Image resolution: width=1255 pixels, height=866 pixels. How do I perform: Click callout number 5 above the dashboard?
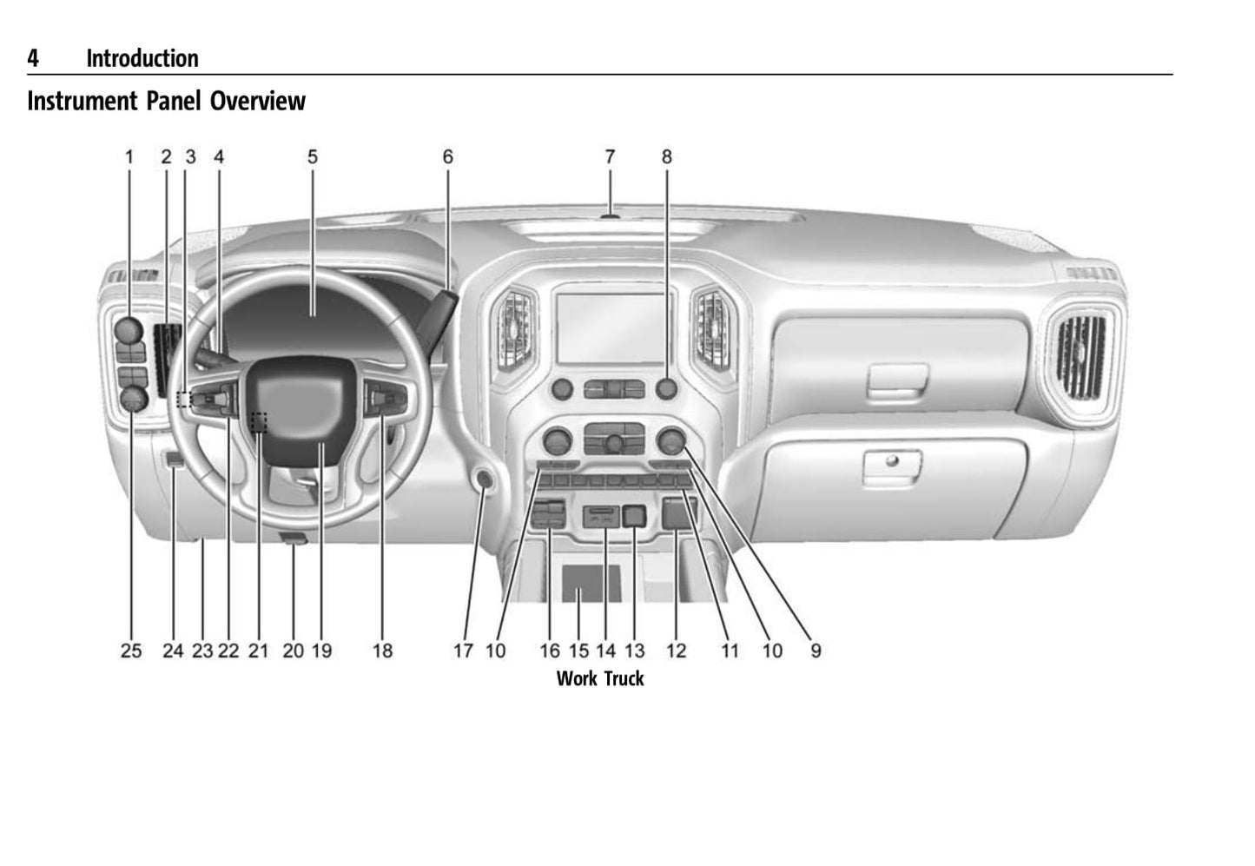point(313,157)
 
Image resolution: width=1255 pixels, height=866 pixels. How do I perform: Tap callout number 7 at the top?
point(610,157)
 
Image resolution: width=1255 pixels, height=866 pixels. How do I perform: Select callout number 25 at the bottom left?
point(131,651)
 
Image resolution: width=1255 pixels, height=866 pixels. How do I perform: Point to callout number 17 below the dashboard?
point(463,651)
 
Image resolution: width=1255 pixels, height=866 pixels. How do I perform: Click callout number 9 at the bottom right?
point(816,651)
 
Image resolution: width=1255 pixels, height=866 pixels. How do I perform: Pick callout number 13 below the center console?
point(635,651)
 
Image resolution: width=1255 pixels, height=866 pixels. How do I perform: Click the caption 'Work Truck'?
point(600,678)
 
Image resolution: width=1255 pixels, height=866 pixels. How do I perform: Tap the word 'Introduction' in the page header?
point(142,58)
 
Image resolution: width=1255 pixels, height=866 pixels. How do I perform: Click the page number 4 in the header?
point(33,58)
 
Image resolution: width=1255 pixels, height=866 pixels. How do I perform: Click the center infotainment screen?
point(613,328)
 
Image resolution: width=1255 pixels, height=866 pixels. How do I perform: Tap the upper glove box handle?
point(898,380)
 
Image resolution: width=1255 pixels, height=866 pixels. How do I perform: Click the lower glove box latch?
point(891,463)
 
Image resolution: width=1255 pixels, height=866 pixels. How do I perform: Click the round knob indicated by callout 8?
point(666,388)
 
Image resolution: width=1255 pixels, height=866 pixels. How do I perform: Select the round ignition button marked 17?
point(483,479)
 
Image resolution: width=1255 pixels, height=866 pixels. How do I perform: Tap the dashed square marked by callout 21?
point(258,421)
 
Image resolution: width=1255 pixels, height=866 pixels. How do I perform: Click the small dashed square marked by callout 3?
point(183,399)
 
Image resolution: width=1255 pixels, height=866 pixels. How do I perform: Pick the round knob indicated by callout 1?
point(129,329)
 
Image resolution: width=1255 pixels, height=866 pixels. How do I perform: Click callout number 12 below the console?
point(676,651)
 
